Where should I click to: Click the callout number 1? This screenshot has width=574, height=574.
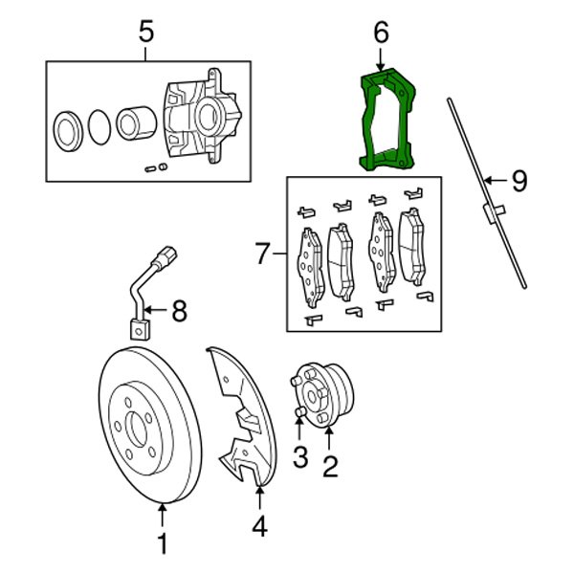162,544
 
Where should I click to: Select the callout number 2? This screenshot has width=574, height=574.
330,467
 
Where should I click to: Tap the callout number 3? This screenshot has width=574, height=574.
299,458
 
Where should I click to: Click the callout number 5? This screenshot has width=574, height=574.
145,32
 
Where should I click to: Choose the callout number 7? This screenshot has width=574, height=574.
264,254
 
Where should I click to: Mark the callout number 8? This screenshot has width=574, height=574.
180,309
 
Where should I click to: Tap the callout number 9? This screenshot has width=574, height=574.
518,179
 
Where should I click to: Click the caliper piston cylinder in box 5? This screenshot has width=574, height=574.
132,122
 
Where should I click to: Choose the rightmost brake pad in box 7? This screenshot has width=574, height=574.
413,247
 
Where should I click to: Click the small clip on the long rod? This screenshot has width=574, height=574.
494,212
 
